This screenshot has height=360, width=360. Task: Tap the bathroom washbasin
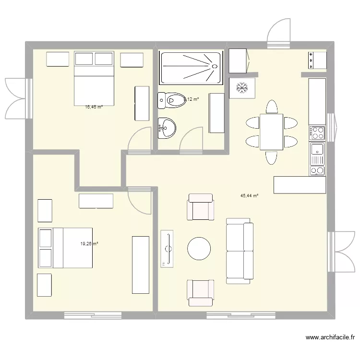(167, 128)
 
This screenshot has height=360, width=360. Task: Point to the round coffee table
(199, 249)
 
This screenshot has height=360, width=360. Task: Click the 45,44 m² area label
(250, 196)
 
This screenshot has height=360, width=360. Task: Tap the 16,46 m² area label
(94, 108)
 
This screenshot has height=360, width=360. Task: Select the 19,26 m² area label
(89, 244)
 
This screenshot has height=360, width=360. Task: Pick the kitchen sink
(317, 154)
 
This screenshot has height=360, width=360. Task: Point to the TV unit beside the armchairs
(168, 248)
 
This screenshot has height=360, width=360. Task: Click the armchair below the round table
(201, 292)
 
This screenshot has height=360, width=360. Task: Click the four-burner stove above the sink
(317, 133)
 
